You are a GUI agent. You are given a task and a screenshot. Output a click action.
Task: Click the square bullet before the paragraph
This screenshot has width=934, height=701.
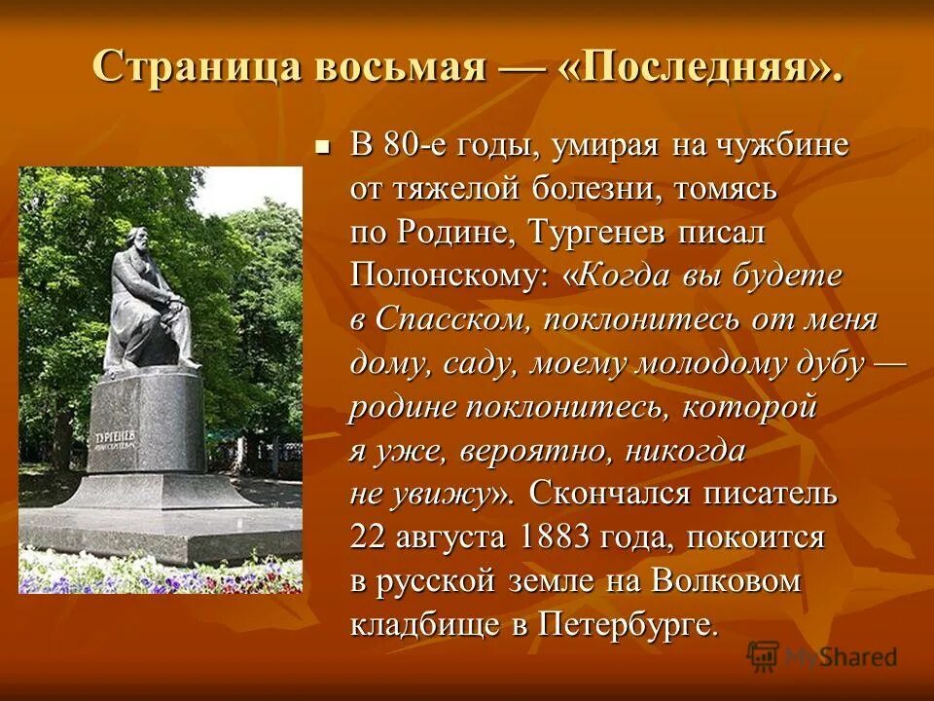(324, 147)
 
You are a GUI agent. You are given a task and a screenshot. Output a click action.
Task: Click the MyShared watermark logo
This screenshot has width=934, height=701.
(822, 656)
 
